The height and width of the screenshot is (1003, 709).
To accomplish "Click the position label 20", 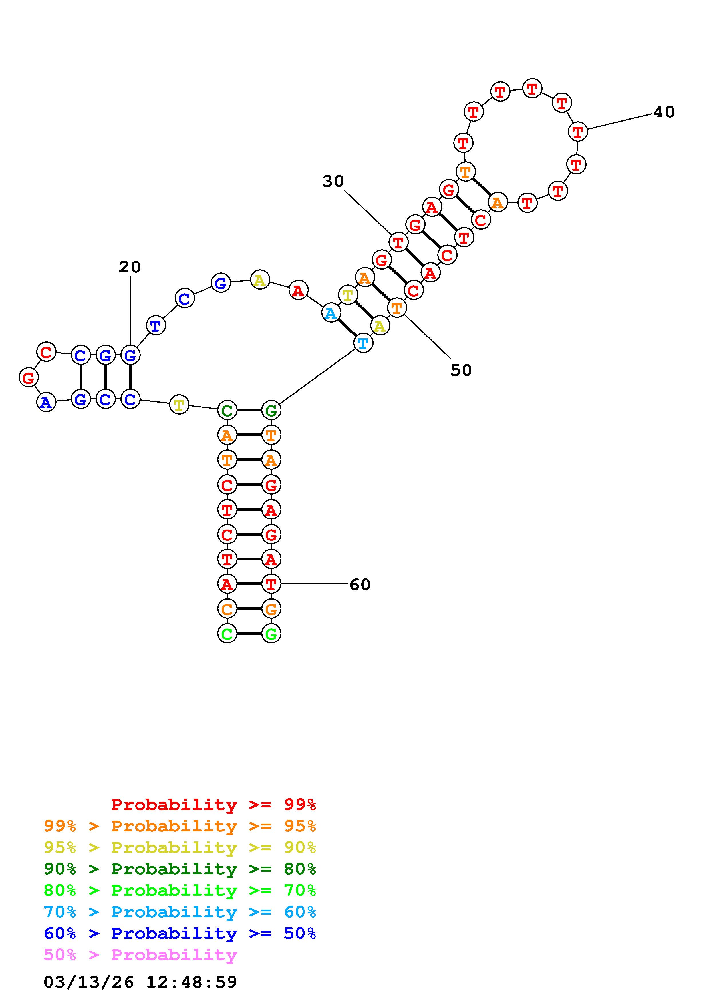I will pyautogui.click(x=130, y=267).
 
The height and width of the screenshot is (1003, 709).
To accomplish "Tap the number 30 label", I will pyautogui.click(x=333, y=181).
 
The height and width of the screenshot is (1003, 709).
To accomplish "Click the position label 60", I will pyautogui.click(x=360, y=584).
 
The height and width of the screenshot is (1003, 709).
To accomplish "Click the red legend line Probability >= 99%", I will pyautogui.click(x=214, y=805).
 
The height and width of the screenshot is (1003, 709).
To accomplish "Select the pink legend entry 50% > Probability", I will pyautogui.click(x=140, y=955).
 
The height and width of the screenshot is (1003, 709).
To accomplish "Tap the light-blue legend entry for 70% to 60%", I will pyautogui.click(x=180, y=912).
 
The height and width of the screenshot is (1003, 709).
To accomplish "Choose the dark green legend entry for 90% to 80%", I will pyautogui.click(x=180, y=869).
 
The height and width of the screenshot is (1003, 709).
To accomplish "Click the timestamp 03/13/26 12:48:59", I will pyautogui.click(x=140, y=982).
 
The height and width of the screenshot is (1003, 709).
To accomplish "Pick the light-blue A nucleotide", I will pyautogui.click(x=331, y=313).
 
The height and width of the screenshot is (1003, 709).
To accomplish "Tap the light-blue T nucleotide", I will pyautogui.click(x=363, y=343).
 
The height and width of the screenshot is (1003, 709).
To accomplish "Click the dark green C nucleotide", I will pyautogui.click(x=227, y=410).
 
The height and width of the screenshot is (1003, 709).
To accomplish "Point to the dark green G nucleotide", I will pyautogui.click(x=271, y=410).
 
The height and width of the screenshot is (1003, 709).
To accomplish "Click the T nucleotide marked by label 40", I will pyautogui.click(x=577, y=131).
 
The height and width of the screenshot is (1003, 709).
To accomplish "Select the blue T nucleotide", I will pyautogui.click(x=156, y=325).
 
